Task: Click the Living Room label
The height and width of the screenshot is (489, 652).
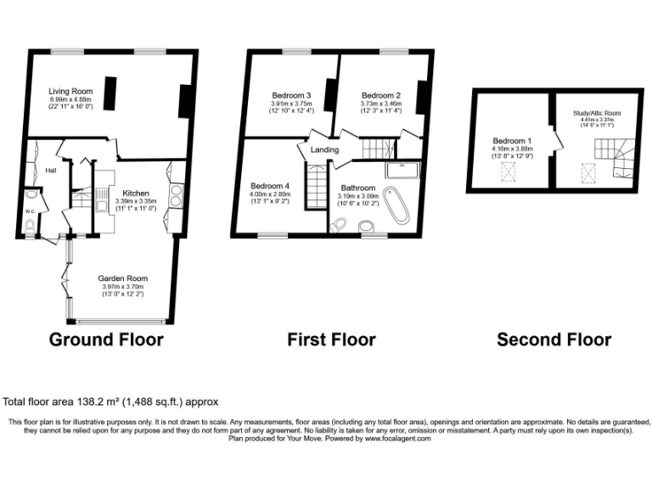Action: click(x=70, y=91)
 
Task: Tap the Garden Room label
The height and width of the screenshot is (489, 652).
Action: click(x=122, y=278)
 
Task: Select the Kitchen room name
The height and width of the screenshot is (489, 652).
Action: click(x=135, y=193)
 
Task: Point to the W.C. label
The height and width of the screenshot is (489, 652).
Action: click(x=30, y=211)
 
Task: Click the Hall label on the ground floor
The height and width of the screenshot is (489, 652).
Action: click(x=51, y=170)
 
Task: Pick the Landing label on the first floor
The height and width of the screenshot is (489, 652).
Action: click(x=325, y=150)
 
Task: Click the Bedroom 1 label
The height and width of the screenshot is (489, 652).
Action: click(x=512, y=141)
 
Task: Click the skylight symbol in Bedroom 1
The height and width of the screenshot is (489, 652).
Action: click(x=508, y=175)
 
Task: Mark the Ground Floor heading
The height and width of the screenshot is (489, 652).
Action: click(x=106, y=340)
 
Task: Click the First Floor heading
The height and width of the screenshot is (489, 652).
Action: click(x=331, y=340)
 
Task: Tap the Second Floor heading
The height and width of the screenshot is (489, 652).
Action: click(x=554, y=340)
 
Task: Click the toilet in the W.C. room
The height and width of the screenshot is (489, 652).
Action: click(x=31, y=227)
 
